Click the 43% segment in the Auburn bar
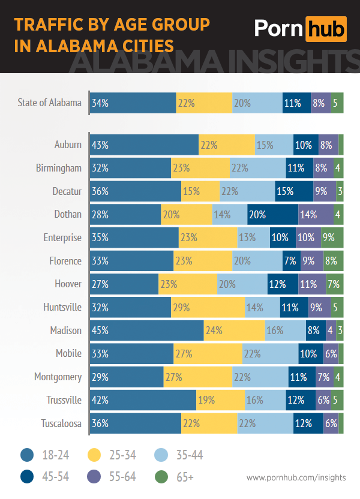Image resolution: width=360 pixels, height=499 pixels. (144, 145)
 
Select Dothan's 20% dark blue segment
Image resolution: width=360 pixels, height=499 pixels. (272, 214)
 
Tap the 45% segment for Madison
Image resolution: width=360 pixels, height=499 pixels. (146, 330)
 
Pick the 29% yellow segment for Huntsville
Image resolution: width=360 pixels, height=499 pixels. (208, 307)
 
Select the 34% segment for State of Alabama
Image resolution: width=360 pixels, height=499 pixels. (133, 103)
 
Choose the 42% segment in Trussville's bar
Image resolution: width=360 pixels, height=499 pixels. (143, 399)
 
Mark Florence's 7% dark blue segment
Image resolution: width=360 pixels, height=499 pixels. (290, 261)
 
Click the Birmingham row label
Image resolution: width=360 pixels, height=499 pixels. (58, 168)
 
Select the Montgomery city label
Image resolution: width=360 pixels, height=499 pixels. (58, 377)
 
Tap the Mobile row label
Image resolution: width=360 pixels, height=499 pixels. (68, 353)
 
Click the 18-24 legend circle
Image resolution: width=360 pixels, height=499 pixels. (26, 455)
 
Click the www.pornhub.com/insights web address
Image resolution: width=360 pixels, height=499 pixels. (296, 477)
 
